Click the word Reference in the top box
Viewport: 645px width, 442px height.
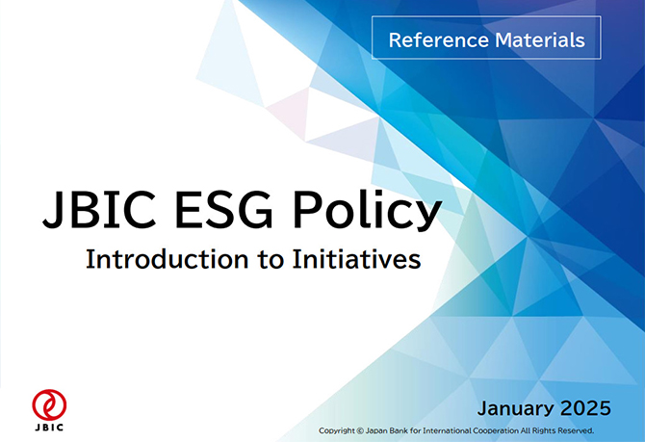point(438,39)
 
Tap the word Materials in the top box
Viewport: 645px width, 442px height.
point(540,39)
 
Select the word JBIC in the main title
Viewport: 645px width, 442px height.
point(99,209)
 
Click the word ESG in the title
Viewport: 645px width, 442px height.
point(223,209)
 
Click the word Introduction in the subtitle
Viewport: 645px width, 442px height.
point(167,259)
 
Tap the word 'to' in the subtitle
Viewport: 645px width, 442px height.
point(271,260)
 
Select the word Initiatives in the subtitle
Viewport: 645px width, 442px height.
point(356,259)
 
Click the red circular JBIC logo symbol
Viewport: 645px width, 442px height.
point(49,404)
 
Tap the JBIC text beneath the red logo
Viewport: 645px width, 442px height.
point(49,428)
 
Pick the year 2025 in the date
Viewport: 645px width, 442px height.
point(585,408)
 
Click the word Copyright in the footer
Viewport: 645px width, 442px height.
point(337,430)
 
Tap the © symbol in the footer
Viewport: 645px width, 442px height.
point(360,430)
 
